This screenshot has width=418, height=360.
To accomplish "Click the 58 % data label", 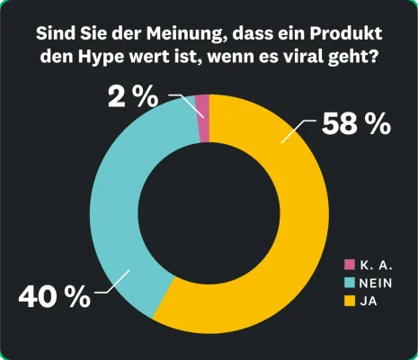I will [356, 123].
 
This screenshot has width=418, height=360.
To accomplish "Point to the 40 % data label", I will [55, 296].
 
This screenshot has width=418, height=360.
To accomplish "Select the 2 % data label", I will [136, 97].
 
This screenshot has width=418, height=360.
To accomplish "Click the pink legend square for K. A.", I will [350, 265].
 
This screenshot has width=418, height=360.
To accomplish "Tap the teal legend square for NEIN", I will [350, 282].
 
